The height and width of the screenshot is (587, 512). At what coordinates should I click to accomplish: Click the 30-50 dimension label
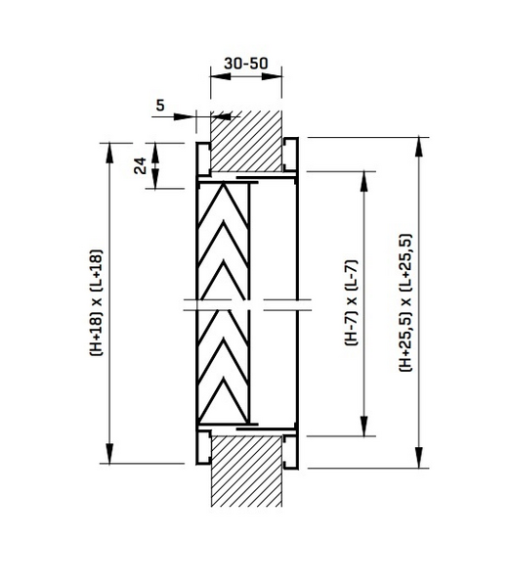coord(245,62)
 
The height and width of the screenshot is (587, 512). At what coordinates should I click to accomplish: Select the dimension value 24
coord(141,165)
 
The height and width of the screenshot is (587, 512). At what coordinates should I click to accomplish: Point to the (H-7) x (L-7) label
coord(350,302)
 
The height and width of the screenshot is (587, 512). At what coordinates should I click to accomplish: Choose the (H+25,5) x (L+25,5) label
coord(405,302)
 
